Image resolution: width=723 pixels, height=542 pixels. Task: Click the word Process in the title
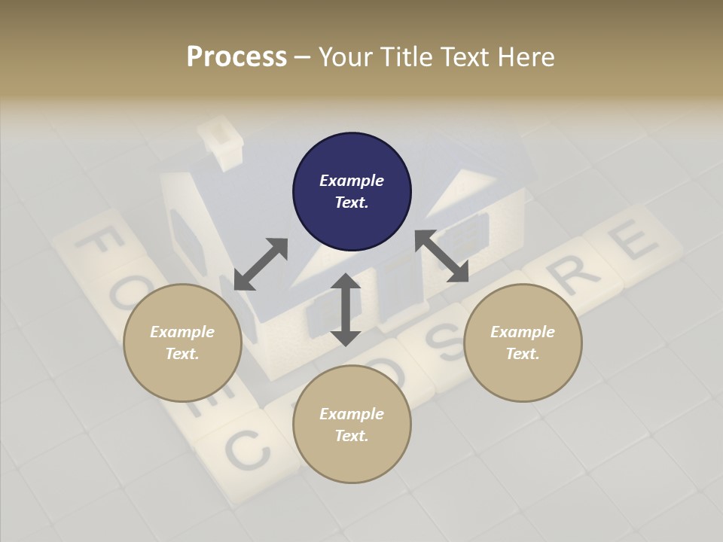click(236, 57)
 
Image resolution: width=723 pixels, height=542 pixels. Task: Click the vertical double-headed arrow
click(346, 309)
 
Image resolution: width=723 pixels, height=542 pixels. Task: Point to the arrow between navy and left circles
click(261, 263)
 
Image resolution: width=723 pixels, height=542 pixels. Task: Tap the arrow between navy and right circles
click(441, 256)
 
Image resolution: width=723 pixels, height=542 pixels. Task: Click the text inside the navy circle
click(352, 191)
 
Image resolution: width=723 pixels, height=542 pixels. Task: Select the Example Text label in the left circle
click(182, 343)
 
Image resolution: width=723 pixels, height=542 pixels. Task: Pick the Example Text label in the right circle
click(523, 343)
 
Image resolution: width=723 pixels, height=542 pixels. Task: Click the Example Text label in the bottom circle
click(352, 425)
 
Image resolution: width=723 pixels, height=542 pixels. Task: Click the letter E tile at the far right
click(631, 243)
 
